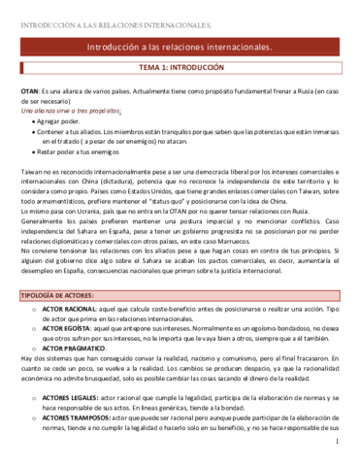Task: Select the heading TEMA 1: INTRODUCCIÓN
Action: coord(180,68)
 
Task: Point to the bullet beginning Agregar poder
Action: coord(63,120)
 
